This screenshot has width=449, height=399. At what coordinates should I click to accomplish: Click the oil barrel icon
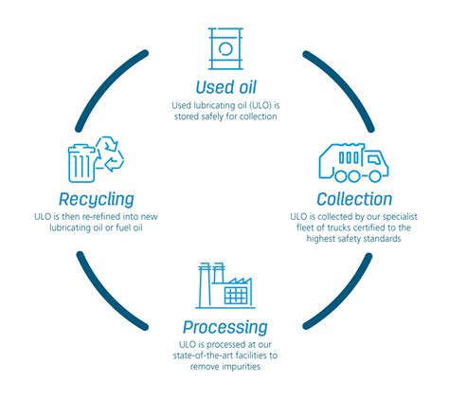pos(225,48)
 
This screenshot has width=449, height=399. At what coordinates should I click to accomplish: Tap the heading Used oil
pos(225,87)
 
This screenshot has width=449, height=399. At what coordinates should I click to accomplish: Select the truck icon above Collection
pos(353,163)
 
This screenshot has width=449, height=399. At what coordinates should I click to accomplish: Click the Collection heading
pos(354,199)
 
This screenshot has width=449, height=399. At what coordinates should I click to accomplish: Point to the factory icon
pos(225,285)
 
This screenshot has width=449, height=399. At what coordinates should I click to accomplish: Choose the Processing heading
pos(225,327)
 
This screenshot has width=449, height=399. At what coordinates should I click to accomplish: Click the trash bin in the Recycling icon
pos(81,163)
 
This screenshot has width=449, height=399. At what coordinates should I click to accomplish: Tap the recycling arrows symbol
pos(110,154)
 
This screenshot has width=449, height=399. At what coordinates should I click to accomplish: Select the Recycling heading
pos(97,199)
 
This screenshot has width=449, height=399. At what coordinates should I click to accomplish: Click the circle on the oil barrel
pos(225,49)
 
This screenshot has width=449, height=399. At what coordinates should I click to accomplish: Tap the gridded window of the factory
pos(235,296)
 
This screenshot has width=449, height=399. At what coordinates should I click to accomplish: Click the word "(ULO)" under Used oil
pos(260,105)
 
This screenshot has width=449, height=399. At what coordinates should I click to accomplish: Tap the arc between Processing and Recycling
pos(106,297)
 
